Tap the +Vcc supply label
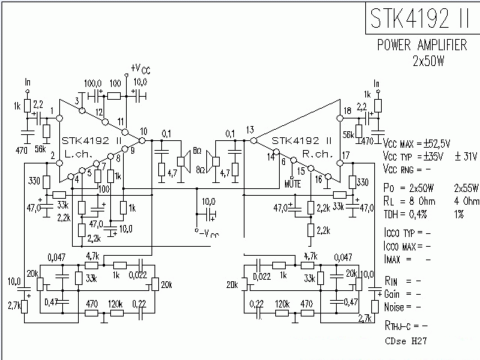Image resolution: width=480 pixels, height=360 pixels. [140, 68]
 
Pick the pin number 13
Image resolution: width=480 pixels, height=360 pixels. [250, 129]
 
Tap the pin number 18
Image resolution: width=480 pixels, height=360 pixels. [346, 111]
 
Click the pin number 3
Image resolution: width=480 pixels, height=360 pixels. [76, 100]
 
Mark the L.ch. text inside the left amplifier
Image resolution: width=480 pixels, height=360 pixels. [78, 153]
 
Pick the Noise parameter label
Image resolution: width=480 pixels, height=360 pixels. [396, 307]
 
